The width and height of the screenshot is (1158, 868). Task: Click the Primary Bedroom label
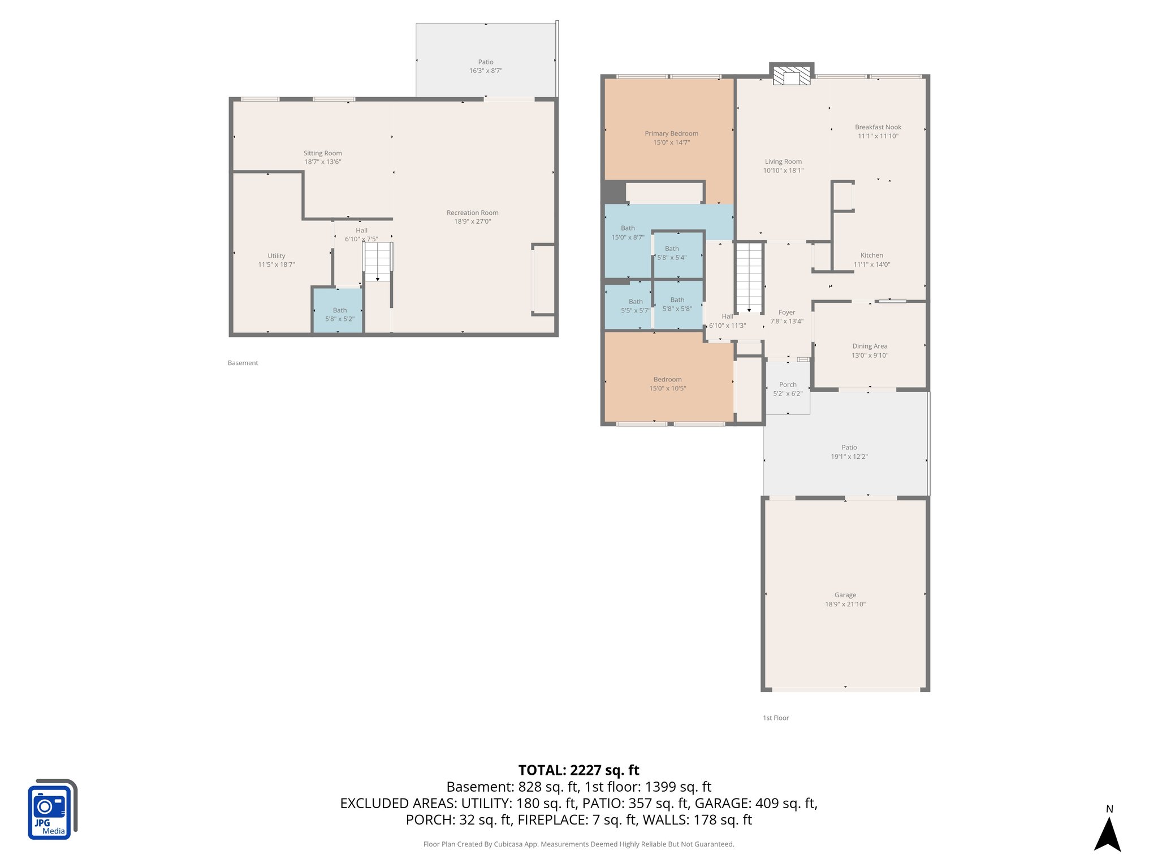tap(671, 134)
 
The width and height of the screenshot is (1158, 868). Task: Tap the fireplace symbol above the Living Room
tap(791, 76)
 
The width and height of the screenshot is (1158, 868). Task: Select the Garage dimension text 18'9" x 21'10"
tap(845, 604)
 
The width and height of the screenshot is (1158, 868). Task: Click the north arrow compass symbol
tap(1107, 834)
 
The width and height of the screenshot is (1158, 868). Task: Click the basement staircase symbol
tap(378, 261)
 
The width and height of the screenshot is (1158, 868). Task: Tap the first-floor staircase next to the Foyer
tap(749, 277)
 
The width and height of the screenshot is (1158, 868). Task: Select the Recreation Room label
tap(472, 213)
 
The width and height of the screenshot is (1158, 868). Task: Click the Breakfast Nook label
tap(878, 127)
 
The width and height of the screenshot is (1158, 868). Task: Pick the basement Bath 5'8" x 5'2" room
tap(339, 311)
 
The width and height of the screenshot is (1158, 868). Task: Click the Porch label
tap(787, 385)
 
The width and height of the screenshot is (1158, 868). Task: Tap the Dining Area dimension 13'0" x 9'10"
tap(870, 355)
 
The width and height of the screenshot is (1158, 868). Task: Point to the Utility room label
tap(276, 256)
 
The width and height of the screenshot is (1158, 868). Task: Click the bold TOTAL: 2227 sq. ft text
tap(578, 770)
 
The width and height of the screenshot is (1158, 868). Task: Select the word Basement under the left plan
tap(243, 363)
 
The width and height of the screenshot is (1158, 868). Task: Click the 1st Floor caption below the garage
tap(775, 718)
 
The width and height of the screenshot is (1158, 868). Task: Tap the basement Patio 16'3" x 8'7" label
tap(485, 66)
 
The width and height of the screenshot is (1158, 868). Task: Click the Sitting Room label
tap(322, 153)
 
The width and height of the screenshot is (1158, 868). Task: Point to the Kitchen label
tap(871, 255)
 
